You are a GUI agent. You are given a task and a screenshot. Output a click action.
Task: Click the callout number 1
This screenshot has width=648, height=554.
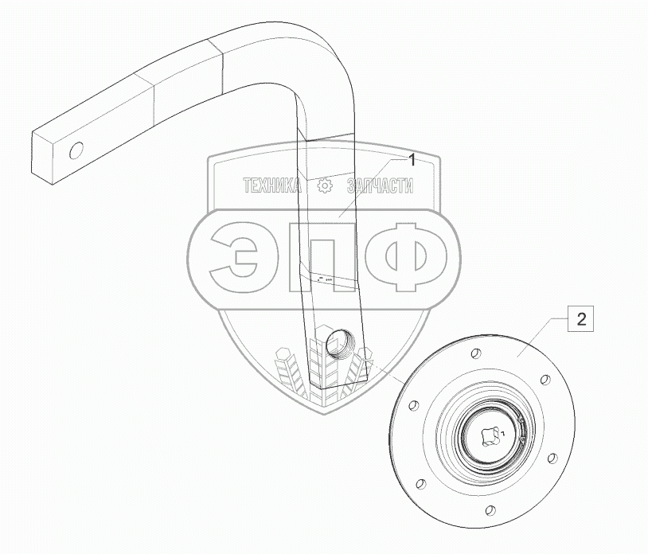point(412,160)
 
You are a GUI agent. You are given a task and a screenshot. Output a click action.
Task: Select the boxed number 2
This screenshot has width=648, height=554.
point(582,320)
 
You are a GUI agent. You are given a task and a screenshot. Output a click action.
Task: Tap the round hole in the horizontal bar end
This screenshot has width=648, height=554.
point(76,150)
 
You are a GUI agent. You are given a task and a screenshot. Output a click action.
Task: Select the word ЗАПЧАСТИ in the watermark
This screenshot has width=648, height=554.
point(381,185)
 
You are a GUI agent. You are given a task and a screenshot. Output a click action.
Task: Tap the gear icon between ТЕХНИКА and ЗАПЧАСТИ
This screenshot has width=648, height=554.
point(325,185)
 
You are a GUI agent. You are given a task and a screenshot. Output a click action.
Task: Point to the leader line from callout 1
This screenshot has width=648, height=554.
point(373,186)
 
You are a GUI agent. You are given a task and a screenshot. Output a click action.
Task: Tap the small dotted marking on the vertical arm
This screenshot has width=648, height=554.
point(326,279)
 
